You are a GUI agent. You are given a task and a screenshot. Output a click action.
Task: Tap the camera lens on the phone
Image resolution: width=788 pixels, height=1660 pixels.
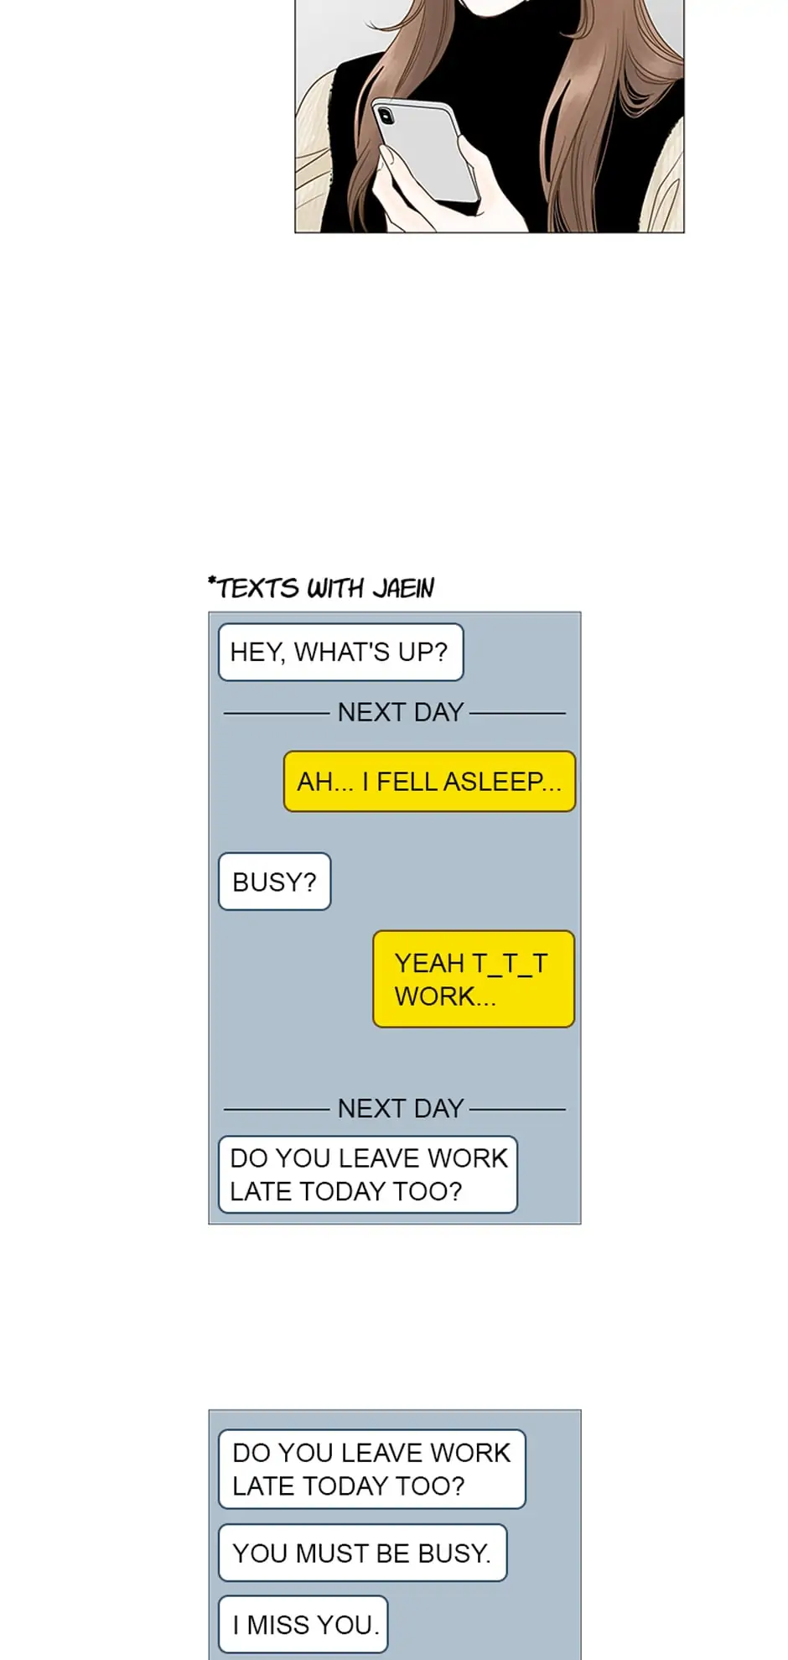[x=385, y=114]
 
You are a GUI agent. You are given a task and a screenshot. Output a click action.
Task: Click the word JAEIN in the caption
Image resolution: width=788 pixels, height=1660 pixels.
[x=403, y=589]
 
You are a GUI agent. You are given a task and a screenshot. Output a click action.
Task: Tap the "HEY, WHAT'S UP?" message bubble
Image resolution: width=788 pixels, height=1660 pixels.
[x=340, y=652]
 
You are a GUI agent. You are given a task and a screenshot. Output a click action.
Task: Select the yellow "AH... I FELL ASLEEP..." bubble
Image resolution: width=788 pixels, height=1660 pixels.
[x=429, y=782]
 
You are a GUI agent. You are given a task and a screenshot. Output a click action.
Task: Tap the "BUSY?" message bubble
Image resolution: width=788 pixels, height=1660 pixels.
[x=274, y=882]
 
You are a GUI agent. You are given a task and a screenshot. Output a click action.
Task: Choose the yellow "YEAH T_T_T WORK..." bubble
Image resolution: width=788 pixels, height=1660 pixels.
[x=474, y=979]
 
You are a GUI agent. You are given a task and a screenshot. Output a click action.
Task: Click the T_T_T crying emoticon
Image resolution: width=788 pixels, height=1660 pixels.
[x=510, y=963]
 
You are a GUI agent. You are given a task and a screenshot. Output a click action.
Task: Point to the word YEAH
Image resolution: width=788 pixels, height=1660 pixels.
[x=429, y=963]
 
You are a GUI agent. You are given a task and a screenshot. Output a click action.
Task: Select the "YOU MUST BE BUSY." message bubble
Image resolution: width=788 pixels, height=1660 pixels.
[x=362, y=1553]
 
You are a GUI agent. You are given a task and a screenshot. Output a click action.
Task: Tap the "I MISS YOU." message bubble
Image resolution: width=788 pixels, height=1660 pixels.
[x=303, y=1625]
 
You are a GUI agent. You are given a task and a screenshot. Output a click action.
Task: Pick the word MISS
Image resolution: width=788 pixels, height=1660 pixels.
[x=285, y=1625]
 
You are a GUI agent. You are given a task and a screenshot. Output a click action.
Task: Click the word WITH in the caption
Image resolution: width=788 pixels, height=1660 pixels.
[x=335, y=589]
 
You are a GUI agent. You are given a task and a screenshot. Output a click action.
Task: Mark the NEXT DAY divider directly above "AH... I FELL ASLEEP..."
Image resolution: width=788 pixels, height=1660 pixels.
[x=400, y=712]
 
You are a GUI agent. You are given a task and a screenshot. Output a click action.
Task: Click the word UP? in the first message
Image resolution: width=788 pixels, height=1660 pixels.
[x=423, y=652]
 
